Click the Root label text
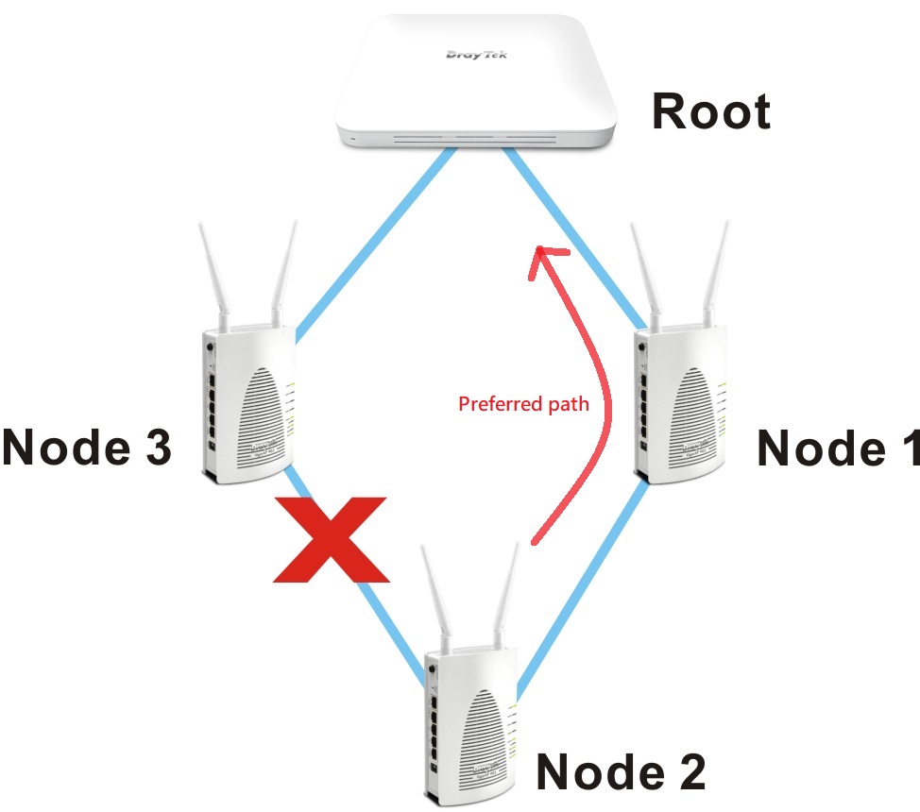710,111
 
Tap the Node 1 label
837,448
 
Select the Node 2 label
621,771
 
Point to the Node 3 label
87,448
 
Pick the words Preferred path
523,405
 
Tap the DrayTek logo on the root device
476,55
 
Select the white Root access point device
476,85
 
